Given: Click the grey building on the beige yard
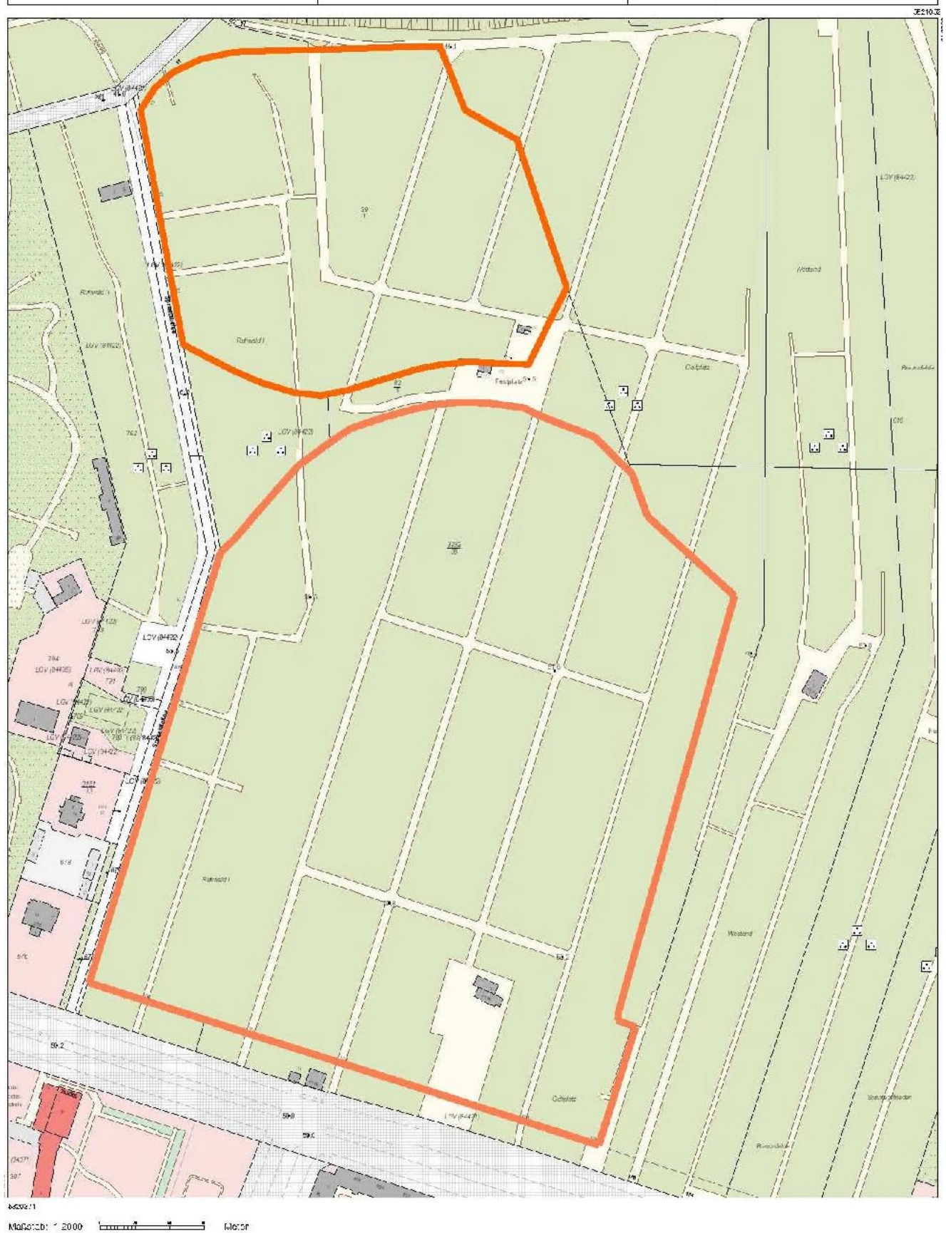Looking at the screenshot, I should [x=488, y=990].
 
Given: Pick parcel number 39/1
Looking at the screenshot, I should [x=364, y=212].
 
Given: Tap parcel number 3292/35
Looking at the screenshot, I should [x=453, y=547].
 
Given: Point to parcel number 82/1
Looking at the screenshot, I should [x=398, y=386].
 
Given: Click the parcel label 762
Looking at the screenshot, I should [x=131, y=433].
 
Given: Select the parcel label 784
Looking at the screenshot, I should [x=53, y=658].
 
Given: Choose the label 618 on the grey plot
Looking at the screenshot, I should [x=65, y=862].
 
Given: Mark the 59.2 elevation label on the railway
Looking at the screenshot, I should [x=58, y=1046].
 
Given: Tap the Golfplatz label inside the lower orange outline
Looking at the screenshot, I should [x=564, y=1098].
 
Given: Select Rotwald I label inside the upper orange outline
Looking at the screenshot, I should [x=250, y=340].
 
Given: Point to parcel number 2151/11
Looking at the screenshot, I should [x=89, y=786].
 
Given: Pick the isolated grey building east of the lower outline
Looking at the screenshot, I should [x=813, y=684].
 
